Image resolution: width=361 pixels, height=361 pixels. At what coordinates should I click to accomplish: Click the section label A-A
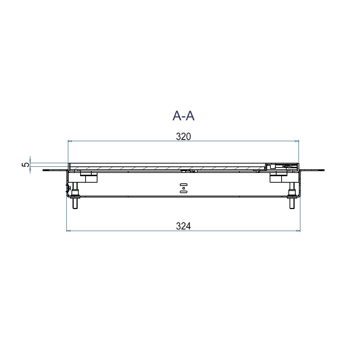click(183, 116)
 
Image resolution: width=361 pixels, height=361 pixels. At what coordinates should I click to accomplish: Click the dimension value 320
click(183, 136)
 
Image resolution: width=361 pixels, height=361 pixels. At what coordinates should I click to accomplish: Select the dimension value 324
click(183, 226)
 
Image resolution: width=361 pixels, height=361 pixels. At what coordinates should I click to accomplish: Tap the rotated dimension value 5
click(26, 165)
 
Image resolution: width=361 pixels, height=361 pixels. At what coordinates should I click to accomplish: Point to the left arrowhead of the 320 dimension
click(70, 141)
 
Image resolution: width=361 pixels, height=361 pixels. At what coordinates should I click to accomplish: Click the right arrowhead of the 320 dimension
click(297, 141)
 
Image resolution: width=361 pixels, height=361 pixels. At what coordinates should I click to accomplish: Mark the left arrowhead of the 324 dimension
click(69, 231)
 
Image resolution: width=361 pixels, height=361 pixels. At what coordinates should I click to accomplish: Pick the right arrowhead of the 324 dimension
click(298, 231)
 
